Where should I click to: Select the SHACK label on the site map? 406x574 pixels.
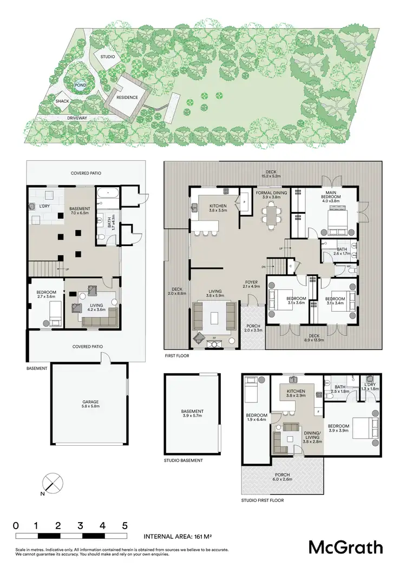[x=62, y=101]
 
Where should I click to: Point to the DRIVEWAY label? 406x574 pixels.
[x=77, y=117]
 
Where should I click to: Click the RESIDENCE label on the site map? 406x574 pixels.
[x=126, y=97]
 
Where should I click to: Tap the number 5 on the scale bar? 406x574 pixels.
[x=125, y=525]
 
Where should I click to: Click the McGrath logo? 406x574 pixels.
[x=345, y=547]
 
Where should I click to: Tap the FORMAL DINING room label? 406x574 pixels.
[x=271, y=195]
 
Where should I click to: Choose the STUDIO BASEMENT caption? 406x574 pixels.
[x=183, y=460]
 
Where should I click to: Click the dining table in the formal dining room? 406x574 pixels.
[x=271, y=216]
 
